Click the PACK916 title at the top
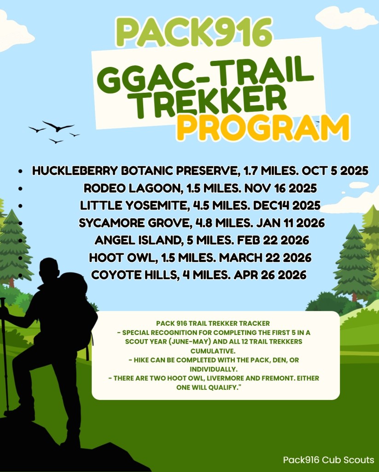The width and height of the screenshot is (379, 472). click(194, 31)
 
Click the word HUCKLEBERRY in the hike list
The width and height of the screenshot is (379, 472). click(75, 171)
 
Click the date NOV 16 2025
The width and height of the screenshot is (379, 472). click(280, 188)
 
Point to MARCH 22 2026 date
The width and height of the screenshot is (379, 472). click(265, 257)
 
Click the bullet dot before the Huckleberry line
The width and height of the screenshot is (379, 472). click(20, 171)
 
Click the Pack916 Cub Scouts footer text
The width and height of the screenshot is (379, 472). click(328, 460)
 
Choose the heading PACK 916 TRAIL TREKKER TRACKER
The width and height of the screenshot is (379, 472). click(213, 323)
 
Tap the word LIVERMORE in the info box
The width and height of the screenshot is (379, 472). click(225, 378)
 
